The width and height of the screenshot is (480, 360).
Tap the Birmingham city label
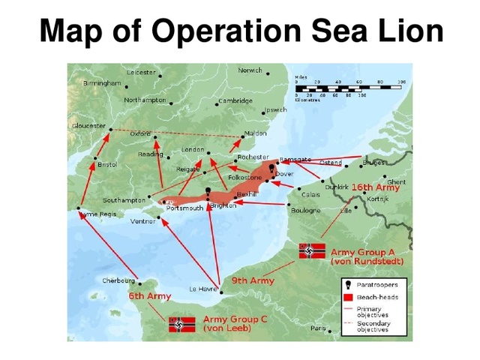coord(101,82)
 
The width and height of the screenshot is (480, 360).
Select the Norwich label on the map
coord(250,70)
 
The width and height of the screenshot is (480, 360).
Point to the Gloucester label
coord(88,126)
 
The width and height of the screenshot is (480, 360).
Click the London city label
coord(193,150)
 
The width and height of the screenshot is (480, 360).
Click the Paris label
coord(318,328)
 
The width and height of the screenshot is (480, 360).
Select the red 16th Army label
coord(376,187)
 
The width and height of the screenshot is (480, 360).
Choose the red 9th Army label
coord(252,280)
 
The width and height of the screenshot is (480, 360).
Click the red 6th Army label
coord(149,296)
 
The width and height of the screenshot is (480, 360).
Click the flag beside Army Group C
coord(182,324)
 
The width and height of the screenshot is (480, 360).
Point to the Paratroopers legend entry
coord(375,285)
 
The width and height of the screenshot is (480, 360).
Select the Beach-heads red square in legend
coord(349,298)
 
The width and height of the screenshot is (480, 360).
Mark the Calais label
coord(310,194)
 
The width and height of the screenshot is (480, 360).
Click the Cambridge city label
coord(235,100)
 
